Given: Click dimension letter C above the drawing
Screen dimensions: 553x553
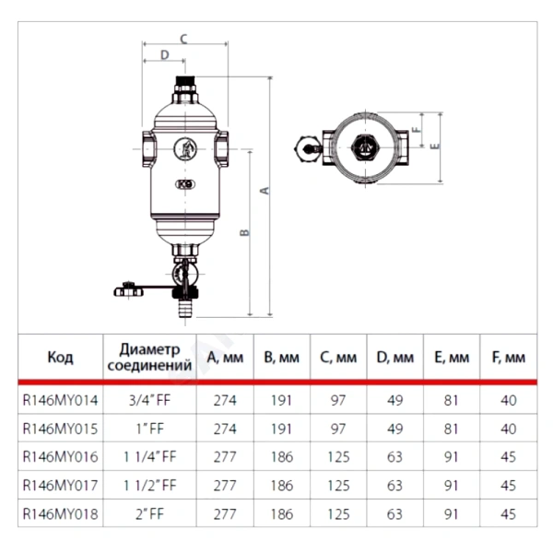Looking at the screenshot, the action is tap(183, 39).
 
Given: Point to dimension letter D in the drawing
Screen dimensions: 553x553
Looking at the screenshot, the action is tap(165, 54).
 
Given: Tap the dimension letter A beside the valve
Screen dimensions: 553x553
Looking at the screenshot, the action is tap(265, 191).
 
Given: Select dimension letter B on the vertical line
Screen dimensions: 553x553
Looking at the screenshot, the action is tap(244, 232).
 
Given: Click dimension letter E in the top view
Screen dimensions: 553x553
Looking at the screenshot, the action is tap(435, 146).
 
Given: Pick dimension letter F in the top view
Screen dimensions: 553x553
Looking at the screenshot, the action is tap(417, 129).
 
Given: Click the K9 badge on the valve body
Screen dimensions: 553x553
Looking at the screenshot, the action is tap(185, 184).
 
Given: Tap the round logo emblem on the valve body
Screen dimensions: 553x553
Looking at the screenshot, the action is tap(185, 148).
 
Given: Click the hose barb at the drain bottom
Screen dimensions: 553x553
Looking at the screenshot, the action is tap(185, 308).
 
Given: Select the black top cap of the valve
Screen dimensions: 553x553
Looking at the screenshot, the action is tap(185, 84).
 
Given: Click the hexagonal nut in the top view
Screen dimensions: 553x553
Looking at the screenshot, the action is tap(365, 147).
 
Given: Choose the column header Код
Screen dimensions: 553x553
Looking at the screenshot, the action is tap(60, 358).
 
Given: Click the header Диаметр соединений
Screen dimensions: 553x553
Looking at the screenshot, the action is tap(149, 358).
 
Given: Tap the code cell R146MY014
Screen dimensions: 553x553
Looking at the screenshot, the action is tap(60, 400).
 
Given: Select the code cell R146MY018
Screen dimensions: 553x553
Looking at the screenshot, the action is tap(60, 514).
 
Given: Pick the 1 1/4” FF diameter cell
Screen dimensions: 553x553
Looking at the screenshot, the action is tap(149, 457).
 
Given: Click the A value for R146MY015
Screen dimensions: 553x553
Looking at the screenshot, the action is tap(225, 429).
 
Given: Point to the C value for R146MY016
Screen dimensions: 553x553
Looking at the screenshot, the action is tap(338, 457).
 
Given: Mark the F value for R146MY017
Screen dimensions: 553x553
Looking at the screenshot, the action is tap(508, 486).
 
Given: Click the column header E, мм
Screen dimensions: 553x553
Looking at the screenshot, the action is tap(452, 358).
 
